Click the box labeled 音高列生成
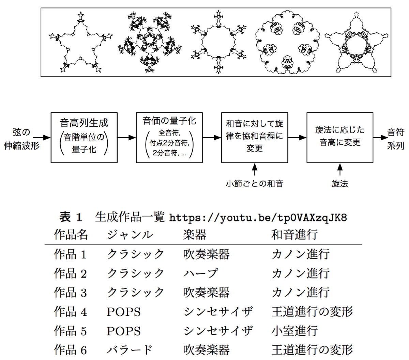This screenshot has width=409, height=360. (84, 137)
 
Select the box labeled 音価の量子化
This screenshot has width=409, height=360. (169, 137)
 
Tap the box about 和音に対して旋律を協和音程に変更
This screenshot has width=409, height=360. (255, 137)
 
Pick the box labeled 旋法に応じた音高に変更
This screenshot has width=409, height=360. (340, 137)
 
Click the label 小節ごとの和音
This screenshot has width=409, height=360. (255, 184)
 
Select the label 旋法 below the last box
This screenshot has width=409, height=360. (340, 184)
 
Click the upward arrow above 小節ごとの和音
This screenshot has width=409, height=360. (255, 169)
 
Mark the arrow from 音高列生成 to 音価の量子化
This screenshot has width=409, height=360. (126, 138)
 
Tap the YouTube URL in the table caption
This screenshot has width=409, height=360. (258, 217)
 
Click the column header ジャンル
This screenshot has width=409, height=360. (130, 235)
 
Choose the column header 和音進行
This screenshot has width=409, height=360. (295, 235)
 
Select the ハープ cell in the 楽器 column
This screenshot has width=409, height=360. (200, 273)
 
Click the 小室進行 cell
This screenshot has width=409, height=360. (295, 331)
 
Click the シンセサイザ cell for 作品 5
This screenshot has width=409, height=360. (218, 331)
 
